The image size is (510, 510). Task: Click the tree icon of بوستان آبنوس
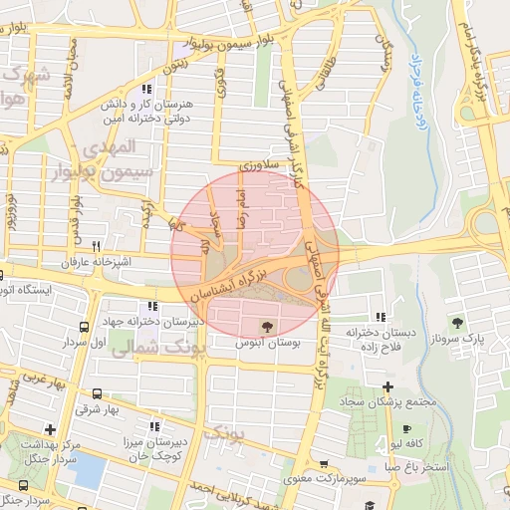[x=266, y=326]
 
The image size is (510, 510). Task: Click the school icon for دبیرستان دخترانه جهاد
[x=151, y=307]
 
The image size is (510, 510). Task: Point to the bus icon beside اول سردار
[x=84, y=327]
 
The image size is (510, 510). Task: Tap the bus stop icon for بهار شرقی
[x=97, y=393]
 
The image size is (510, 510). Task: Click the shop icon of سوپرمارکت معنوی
[x=325, y=465]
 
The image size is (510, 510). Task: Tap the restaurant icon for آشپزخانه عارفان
[x=97, y=246]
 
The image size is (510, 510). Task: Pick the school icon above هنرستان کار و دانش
[x=147, y=90]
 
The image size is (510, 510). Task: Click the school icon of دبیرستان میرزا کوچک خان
[x=151, y=425]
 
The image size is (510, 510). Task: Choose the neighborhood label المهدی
[x=118, y=146]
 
